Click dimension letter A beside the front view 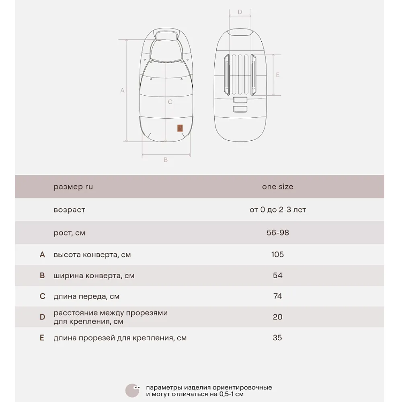point(123,91)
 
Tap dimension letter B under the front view point(166,160)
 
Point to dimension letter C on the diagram point(170,102)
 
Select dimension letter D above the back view point(240,12)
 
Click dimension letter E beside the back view point(278,75)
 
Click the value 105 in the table point(277,254)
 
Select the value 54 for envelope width point(277,275)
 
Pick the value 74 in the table point(277,296)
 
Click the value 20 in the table point(277,317)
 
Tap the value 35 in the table point(277,338)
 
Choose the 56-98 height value point(277,233)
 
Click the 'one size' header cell point(277,187)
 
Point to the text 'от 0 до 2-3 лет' point(277,210)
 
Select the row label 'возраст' point(70,210)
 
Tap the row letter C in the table point(43,296)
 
